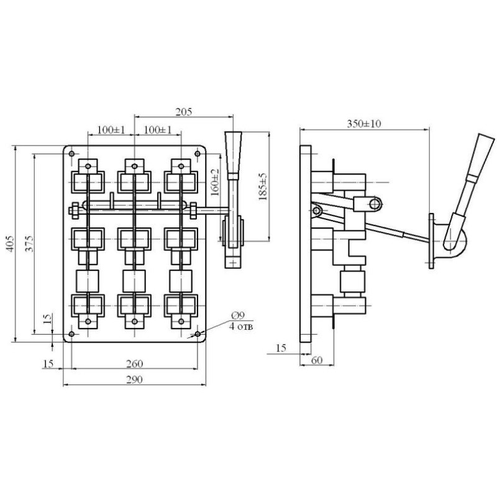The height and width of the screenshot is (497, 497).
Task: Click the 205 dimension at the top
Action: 184,112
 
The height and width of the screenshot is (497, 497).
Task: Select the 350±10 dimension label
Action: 363,124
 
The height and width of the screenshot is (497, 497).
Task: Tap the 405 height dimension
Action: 11,244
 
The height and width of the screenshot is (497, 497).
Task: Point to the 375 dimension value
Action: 29,244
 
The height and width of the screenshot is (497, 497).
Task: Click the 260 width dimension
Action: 134,363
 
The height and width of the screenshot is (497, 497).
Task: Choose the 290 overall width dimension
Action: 134,380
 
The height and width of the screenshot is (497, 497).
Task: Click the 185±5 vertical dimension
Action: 263,187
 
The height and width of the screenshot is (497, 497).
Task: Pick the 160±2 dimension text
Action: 215,182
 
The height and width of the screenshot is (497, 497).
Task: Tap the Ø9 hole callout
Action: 238,316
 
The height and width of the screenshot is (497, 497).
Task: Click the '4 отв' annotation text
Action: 241,327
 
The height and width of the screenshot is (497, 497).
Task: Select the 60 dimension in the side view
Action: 317,360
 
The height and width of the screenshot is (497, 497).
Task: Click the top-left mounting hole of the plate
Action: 71,153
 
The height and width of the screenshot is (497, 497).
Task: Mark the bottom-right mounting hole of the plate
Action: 198,334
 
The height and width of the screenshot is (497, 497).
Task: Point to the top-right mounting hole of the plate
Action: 198,153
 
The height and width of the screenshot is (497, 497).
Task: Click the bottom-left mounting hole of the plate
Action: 71,334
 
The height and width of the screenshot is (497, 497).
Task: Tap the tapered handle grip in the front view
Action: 234,155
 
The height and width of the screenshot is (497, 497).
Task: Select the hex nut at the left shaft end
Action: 75,210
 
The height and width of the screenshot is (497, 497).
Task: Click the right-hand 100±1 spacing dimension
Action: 158,130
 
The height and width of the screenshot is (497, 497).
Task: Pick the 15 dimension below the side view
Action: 281,348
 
